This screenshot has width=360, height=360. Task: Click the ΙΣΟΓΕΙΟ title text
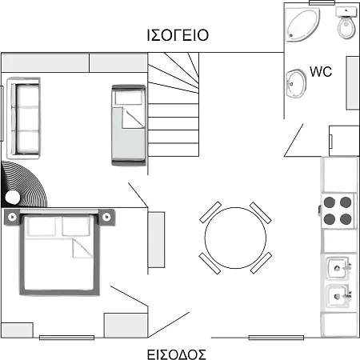click(178, 35)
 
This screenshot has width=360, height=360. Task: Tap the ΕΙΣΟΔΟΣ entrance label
click(177, 354)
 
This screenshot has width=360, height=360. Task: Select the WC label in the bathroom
click(321, 71)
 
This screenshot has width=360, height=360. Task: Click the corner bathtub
click(302, 25)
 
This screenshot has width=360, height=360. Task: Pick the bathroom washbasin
click(296, 84)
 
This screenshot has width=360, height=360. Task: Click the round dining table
click(235, 238)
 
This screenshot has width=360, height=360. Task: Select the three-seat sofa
click(24, 118)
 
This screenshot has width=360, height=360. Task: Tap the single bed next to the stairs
click(129, 126)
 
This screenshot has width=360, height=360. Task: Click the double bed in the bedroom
click(59, 253)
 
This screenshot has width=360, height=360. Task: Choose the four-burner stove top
click(338, 210)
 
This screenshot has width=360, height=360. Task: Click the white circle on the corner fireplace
click(13, 198)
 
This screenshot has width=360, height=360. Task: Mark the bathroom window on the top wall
click(322, 2)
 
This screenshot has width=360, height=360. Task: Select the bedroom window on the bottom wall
click(66, 338)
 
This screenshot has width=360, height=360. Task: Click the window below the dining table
click(276, 338)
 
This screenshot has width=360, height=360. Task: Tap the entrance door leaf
click(169, 325)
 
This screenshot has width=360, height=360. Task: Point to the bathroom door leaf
click(294, 140)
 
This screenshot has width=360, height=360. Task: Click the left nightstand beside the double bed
click(12, 217)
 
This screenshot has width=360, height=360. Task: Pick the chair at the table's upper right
click(261, 213)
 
